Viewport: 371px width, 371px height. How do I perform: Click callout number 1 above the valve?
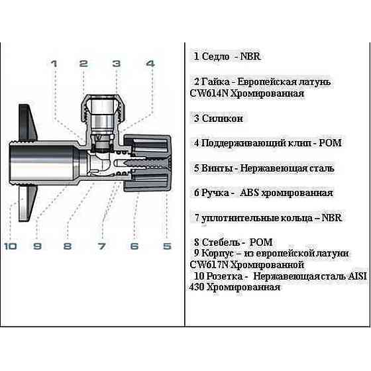(54, 64)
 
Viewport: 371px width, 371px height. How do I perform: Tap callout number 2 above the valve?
(83, 64)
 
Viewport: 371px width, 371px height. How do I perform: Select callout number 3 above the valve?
(116, 64)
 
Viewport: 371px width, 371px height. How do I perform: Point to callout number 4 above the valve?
(150, 64)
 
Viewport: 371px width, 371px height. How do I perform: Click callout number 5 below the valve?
(167, 246)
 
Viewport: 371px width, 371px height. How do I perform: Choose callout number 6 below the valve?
(134, 246)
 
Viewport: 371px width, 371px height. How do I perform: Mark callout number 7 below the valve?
(101, 246)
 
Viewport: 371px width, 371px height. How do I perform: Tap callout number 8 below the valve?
(67, 246)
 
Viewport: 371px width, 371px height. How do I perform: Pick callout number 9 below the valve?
(38, 246)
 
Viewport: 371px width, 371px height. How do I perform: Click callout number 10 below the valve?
(10, 246)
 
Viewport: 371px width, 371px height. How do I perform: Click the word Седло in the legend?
(215, 57)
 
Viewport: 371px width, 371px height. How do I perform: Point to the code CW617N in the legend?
(210, 264)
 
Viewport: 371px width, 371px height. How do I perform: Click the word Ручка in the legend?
(216, 193)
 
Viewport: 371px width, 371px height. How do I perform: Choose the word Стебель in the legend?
(220, 242)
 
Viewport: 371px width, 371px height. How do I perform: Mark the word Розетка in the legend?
(226, 276)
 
